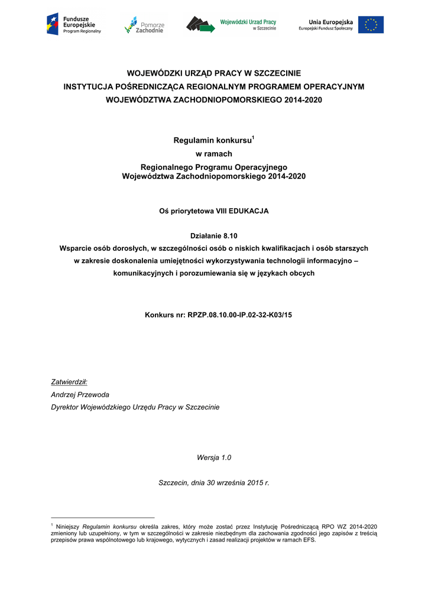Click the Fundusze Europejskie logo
tap(74, 24)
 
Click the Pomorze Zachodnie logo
tap(144, 25)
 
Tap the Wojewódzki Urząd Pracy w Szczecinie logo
tap(231, 24)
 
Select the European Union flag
tap(371, 25)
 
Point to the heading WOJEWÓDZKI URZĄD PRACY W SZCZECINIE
tap(214, 73)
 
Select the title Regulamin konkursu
tap(212, 141)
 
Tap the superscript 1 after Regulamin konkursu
tap(253, 138)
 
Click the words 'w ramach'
tap(213, 154)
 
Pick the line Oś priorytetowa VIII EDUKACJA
tap(213, 211)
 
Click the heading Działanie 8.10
tap(213, 236)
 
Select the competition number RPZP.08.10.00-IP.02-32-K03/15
tap(239, 315)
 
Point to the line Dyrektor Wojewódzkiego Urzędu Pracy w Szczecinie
tap(135, 407)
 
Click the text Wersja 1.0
tap(213, 457)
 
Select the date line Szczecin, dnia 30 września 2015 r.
tap(214, 483)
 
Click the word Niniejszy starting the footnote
tap(68, 527)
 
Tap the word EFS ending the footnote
tap(309, 540)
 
